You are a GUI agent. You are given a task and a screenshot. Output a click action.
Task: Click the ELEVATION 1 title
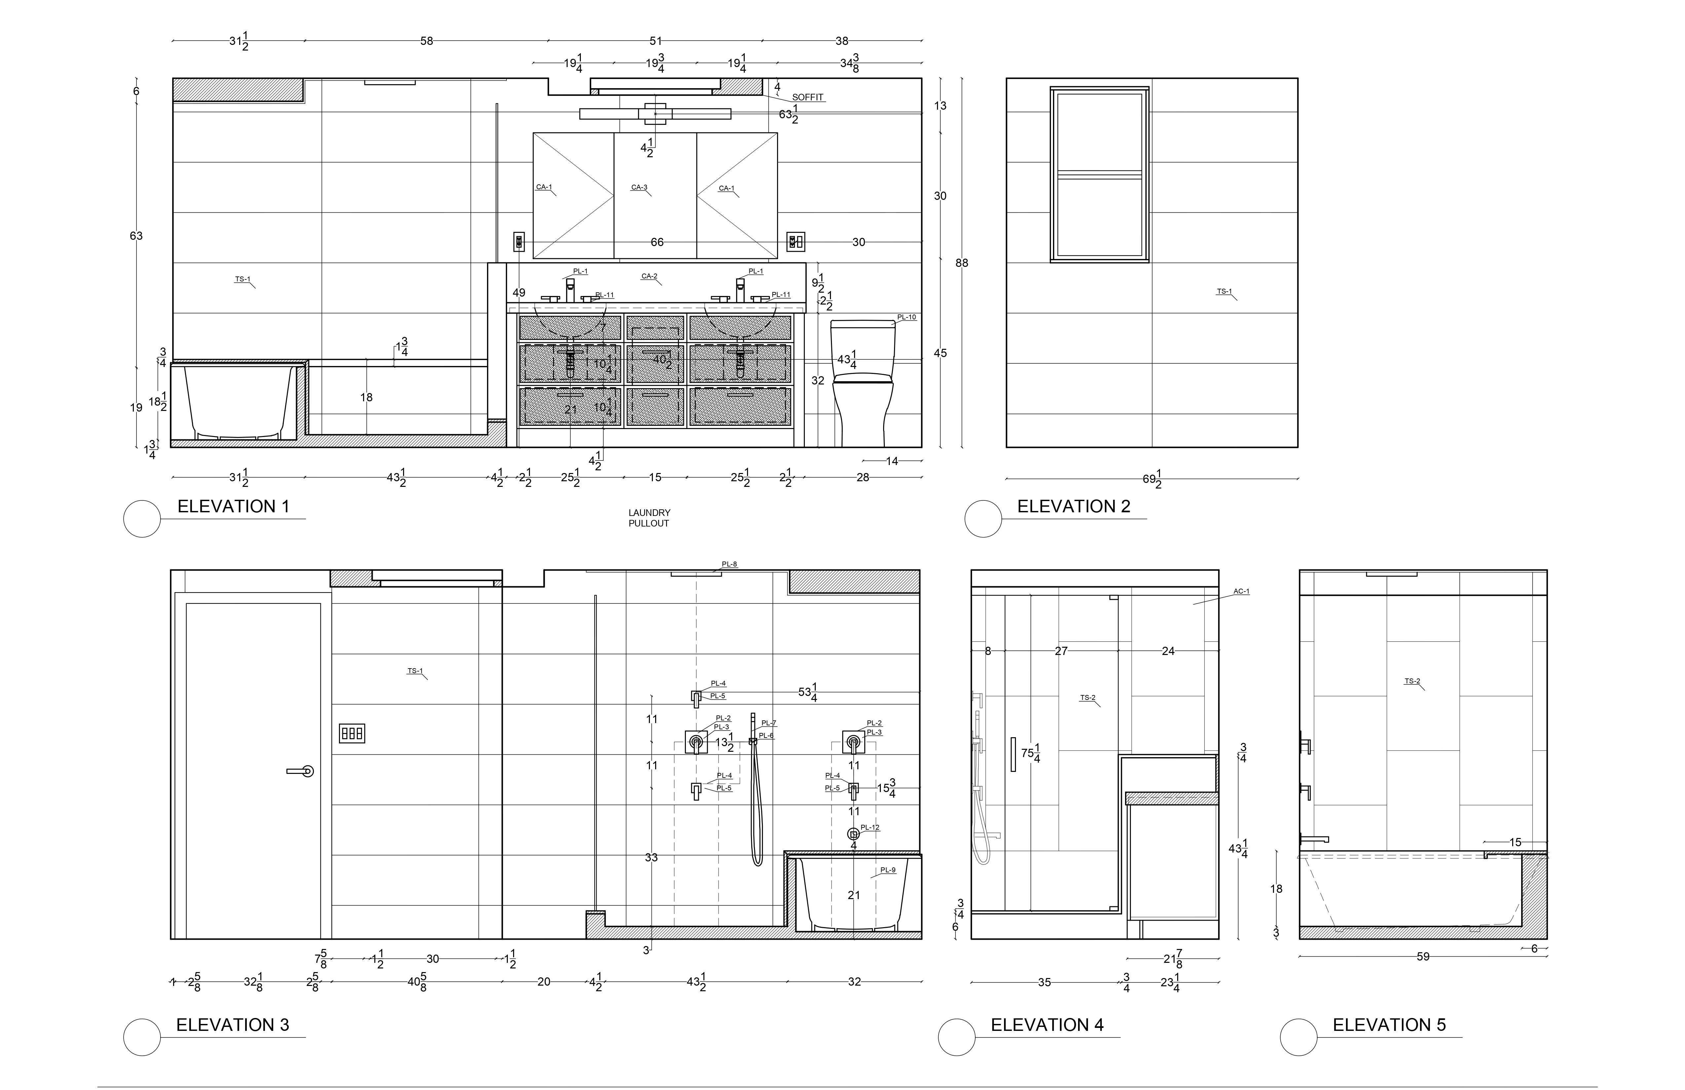coord(234,507)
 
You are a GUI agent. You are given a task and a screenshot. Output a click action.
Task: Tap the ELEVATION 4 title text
coord(1047,1025)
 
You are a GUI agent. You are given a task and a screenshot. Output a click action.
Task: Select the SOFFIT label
coord(808,98)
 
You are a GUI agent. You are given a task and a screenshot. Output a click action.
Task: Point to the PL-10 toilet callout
coord(907,317)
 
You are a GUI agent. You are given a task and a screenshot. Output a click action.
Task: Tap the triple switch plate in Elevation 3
coord(352,733)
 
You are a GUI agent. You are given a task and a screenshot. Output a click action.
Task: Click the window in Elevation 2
coord(1100,175)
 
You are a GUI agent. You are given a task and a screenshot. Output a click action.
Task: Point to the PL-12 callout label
coord(870,827)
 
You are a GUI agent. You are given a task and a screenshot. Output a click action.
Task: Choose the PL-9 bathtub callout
coord(888,870)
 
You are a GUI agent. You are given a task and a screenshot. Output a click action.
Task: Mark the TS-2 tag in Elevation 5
coord(1412,681)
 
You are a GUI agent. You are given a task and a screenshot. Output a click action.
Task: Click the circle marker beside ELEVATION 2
coord(983,519)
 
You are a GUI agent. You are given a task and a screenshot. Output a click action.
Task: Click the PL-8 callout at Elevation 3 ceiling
coord(729,564)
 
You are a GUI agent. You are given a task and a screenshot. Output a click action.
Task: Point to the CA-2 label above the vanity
coord(649,276)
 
